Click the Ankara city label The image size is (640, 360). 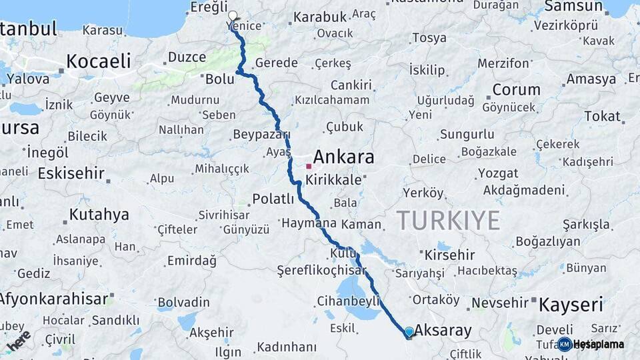tap(343, 157)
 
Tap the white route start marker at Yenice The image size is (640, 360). tap(233, 15)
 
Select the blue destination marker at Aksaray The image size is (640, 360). tap(409, 331)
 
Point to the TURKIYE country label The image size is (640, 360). tap(448, 220)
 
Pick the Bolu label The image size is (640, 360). tap(219, 79)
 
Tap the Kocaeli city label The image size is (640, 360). tap(97, 61)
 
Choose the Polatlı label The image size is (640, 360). tap(273, 199)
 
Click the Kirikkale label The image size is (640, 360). tap(333, 180)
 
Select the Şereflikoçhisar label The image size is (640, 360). tap(321, 271)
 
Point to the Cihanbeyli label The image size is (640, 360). tap(349, 300)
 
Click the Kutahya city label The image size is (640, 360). tap(99, 215)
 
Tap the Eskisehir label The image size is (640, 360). tap(71, 173)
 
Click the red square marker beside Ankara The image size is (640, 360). tap(309, 166)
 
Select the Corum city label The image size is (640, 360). tap(516, 89)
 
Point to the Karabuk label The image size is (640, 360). tap(320, 17)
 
